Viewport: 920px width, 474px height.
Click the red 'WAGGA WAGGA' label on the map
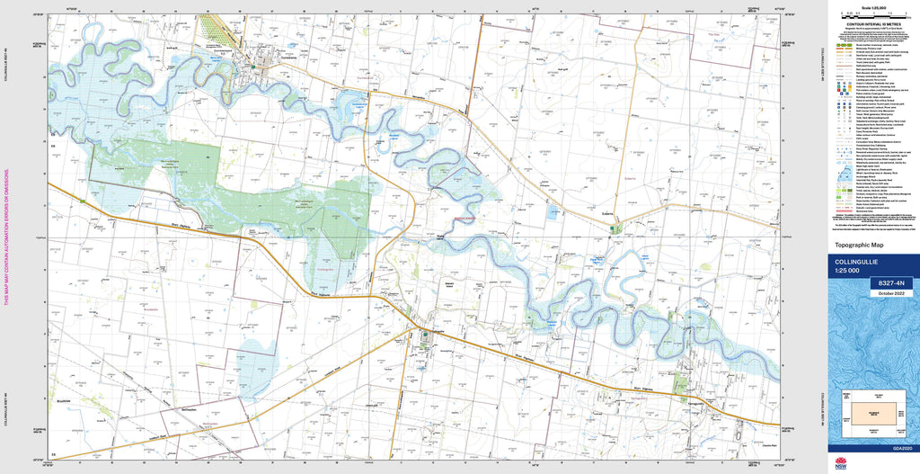[x=465, y=217]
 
